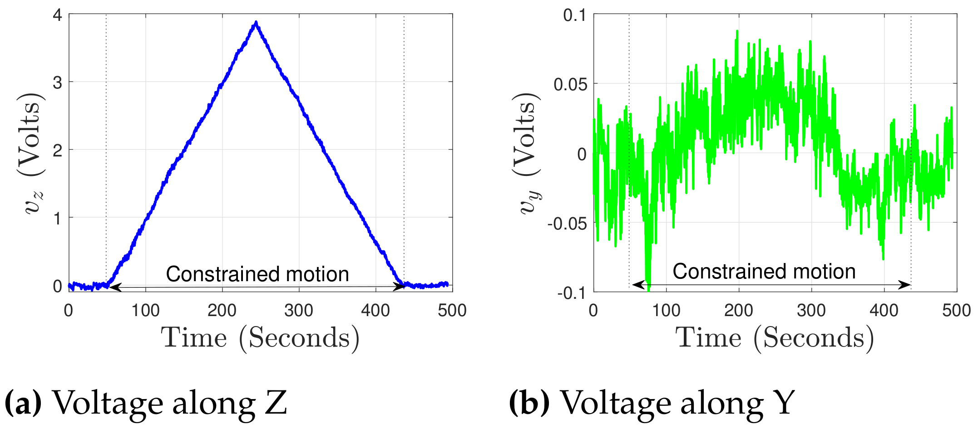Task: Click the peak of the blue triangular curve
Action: click(x=256, y=23)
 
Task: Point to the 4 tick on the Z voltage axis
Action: click(x=58, y=15)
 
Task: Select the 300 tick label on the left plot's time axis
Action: click(x=298, y=311)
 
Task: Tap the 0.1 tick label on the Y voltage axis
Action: click(x=575, y=15)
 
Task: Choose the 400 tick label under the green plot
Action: click(x=884, y=311)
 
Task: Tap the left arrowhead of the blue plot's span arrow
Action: click(x=114, y=287)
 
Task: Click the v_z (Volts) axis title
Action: click(x=33, y=154)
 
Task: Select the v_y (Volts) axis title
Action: click(x=528, y=154)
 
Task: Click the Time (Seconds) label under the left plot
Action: click(x=260, y=338)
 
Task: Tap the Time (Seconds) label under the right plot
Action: click(x=775, y=338)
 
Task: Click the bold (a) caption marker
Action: click(x=23, y=403)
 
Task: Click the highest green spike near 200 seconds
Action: click(x=737, y=32)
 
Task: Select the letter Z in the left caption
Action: click(x=276, y=403)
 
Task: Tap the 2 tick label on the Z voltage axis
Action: click(x=58, y=151)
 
